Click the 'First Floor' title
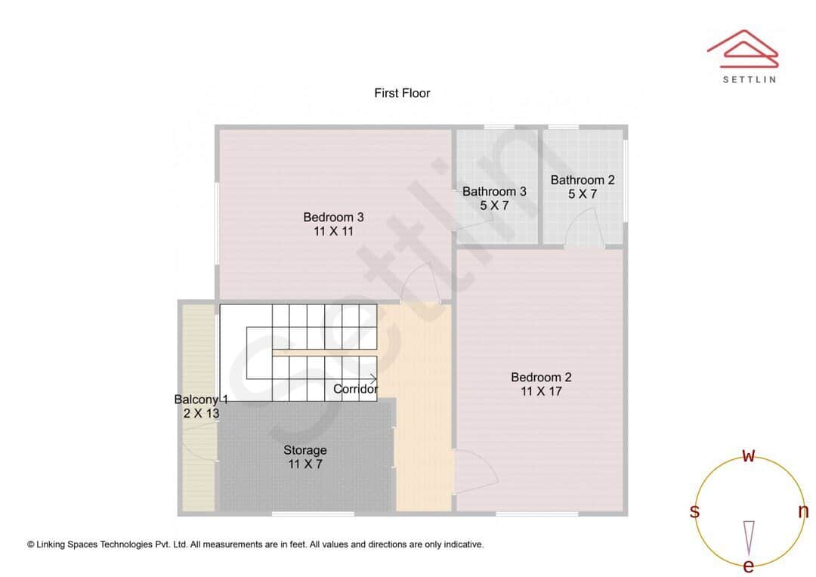(x=402, y=93)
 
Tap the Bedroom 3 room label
(x=333, y=218)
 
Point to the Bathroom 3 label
(x=494, y=191)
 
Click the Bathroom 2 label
(x=583, y=180)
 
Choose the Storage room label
(x=305, y=450)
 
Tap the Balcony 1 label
(x=200, y=400)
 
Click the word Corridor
(x=355, y=389)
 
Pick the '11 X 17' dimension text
(x=541, y=391)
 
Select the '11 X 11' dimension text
(x=333, y=231)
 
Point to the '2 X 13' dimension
(x=201, y=413)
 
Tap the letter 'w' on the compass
(x=749, y=455)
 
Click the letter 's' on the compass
(x=694, y=511)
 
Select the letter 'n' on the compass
(x=803, y=511)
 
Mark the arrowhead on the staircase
(x=374, y=378)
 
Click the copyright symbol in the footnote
(x=31, y=544)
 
